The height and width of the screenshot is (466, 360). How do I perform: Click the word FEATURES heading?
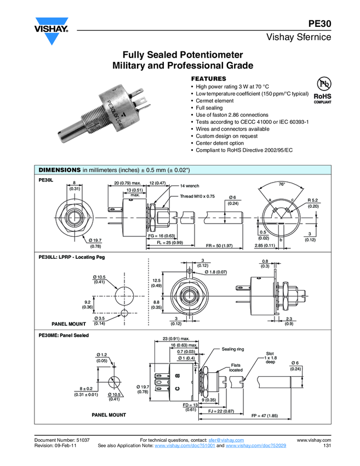pos(208,79)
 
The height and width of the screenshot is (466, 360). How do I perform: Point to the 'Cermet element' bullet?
pos(215,101)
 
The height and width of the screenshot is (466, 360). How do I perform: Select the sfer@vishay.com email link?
pos(226,440)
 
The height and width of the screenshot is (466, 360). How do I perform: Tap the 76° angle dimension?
pos(282,184)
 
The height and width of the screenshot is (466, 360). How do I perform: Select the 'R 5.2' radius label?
pos(313,200)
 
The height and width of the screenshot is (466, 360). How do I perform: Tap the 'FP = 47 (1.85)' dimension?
pos(265,416)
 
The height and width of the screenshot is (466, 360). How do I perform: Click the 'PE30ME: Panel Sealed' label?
pos(63,335)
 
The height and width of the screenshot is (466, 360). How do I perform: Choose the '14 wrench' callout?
pos(189,186)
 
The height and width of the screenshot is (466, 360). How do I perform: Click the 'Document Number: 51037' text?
pos(62,440)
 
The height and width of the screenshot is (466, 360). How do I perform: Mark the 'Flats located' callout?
pos(236,367)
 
